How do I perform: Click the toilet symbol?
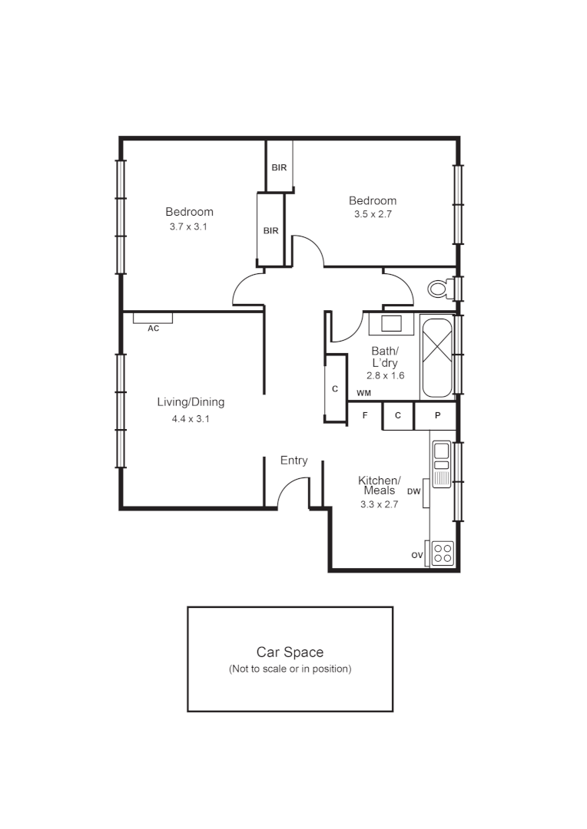440,289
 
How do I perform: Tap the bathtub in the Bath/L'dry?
437,357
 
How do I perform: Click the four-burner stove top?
442,553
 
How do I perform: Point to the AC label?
153,329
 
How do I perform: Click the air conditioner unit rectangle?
152,317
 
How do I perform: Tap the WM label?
363,394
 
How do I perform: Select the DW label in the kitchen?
414,491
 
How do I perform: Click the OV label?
417,555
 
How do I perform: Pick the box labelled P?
437,415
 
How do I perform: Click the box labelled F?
365,415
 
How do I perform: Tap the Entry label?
293,461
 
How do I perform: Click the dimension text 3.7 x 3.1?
189,227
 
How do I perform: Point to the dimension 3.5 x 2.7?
373,215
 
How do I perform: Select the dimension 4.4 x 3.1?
191,419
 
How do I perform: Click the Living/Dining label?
191,402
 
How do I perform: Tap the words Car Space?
290,652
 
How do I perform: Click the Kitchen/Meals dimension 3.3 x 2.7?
379,504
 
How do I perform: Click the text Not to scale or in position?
290,669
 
